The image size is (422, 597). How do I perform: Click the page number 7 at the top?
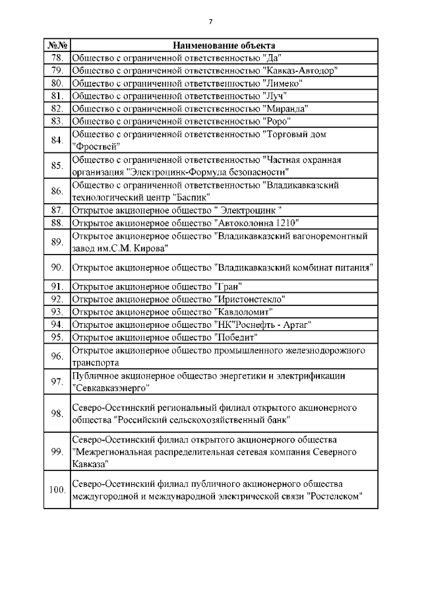pos(210,22)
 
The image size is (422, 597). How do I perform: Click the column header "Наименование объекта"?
pos(224,46)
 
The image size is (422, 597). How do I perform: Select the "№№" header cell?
pos(56,46)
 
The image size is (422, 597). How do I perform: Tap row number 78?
pos(56,58)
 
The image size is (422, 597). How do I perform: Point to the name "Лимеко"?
pos(282,83)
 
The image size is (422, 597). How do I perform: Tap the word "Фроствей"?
pos(96,146)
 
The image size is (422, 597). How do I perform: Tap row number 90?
pos(56,267)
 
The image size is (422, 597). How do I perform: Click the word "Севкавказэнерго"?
pos(108,388)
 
